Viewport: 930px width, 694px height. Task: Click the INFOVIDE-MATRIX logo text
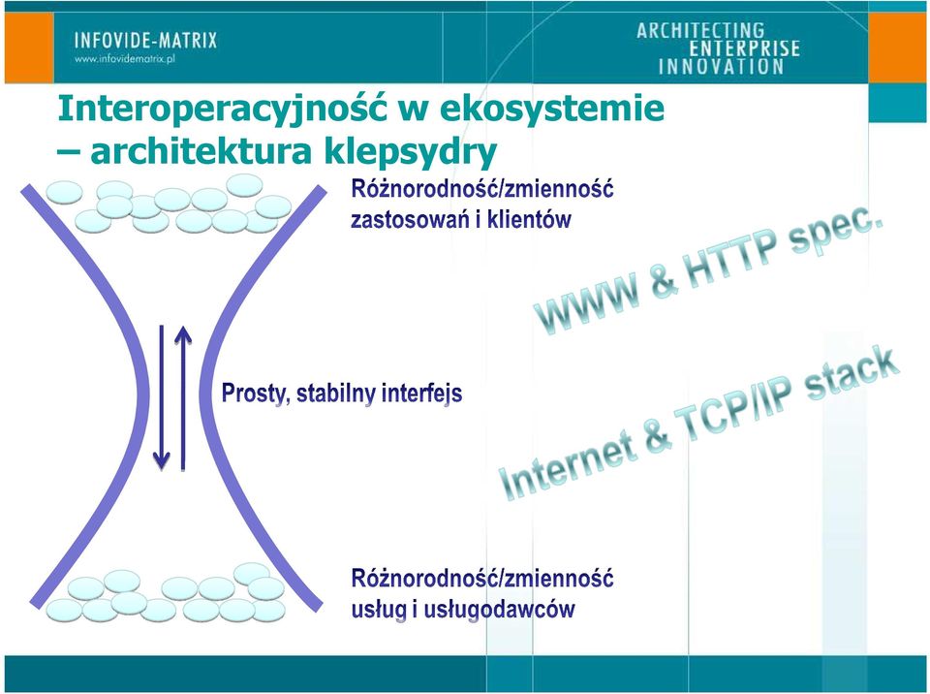click(x=146, y=41)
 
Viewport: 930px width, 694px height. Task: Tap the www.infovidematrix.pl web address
click(x=125, y=59)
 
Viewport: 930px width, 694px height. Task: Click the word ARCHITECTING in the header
click(x=700, y=30)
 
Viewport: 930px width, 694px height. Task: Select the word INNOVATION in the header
click(x=721, y=67)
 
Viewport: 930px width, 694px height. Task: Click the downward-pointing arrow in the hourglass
click(x=162, y=397)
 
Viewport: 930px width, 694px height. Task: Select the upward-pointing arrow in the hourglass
click(x=183, y=397)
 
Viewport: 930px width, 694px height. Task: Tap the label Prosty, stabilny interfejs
click(x=342, y=393)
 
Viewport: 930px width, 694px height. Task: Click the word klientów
click(x=529, y=219)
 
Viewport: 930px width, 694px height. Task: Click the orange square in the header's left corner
click(x=29, y=47)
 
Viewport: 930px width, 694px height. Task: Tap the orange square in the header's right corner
click(x=897, y=47)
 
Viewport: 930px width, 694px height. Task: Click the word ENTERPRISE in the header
click(x=744, y=48)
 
